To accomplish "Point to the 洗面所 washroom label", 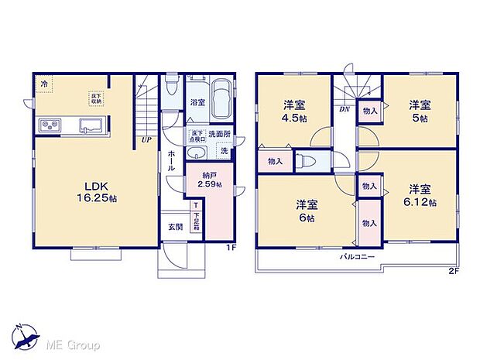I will tap(218, 133).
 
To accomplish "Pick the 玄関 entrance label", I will tap(175, 227).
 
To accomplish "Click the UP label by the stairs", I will tap(146, 140).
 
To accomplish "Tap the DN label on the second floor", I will tap(343, 111).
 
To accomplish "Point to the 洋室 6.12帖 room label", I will tap(420, 194).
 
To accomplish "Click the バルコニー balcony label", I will tap(358, 255).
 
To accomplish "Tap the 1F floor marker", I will tap(231, 248).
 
